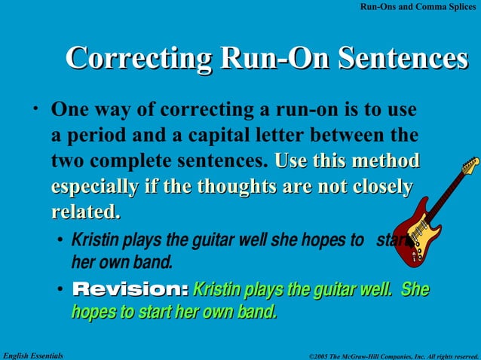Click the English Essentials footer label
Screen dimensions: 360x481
[33, 354]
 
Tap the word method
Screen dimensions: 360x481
[383, 161]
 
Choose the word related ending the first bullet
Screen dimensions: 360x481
[84, 212]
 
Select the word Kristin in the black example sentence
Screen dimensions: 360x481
[93, 241]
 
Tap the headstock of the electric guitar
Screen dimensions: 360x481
[470, 165]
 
